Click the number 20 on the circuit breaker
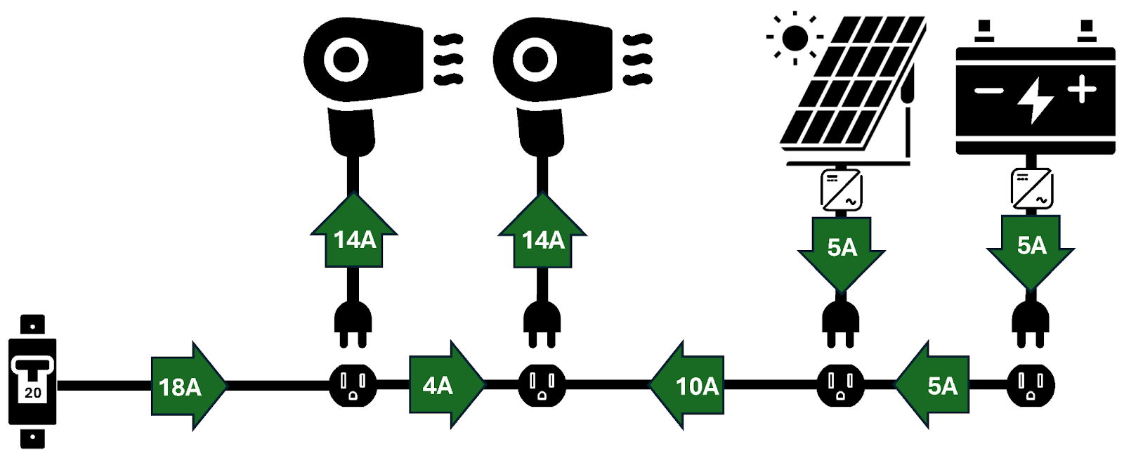click(x=33, y=393)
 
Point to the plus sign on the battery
click(x=1081, y=90)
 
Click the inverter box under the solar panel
click(x=842, y=189)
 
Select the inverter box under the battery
click(x=1031, y=188)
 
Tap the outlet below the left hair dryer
click(x=353, y=385)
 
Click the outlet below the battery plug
click(x=1031, y=385)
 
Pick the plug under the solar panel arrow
click(x=842, y=323)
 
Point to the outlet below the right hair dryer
click(x=542, y=385)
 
